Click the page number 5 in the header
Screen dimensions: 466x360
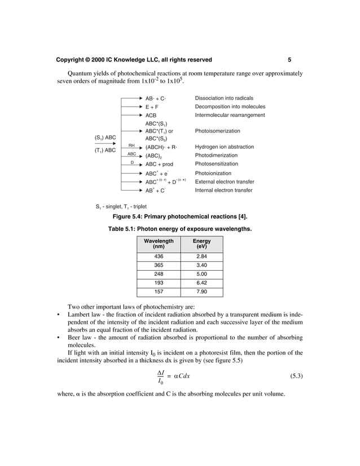[289, 60]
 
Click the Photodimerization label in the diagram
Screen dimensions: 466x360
[216, 155]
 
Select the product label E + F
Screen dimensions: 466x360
[152, 106]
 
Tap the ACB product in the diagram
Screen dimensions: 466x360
[151, 115]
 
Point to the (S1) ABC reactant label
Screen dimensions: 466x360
[105, 137]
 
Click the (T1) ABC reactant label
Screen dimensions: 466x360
[105, 151]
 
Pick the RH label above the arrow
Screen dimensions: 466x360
[131, 145]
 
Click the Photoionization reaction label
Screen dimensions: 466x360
[213, 173]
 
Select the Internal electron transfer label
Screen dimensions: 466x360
[223, 190]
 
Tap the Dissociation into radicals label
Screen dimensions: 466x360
[224, 98]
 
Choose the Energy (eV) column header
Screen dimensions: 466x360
[201, 244]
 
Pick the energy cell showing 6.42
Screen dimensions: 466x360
[201, 283]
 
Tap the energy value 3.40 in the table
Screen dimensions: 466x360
[201, 265]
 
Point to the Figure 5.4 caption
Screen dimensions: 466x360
[180, 217]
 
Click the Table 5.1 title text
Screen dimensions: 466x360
[179, 229]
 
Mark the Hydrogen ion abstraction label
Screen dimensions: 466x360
[224, 147]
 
